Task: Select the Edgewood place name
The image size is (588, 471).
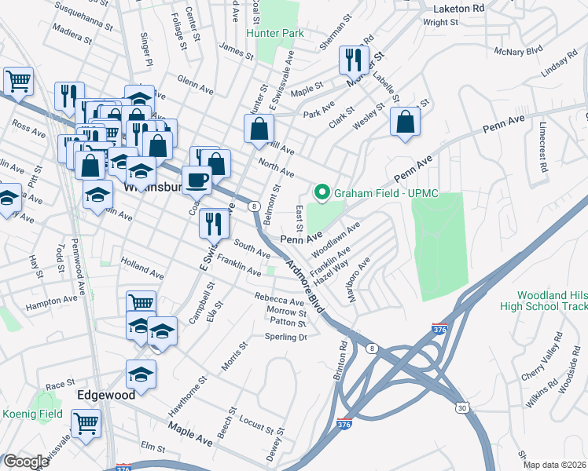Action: click(x=101, y=396)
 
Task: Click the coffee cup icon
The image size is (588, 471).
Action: click(x=197, y=180)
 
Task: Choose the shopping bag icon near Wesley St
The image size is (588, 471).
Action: click(x=405, y=122)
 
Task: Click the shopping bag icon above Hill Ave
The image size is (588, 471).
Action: click(x=259, y=129)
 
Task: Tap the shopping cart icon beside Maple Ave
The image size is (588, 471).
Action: click(x=86, y=424)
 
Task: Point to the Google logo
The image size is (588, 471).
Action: click(x=26, y=462)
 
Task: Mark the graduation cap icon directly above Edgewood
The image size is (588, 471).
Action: click(x=141, y=374)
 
